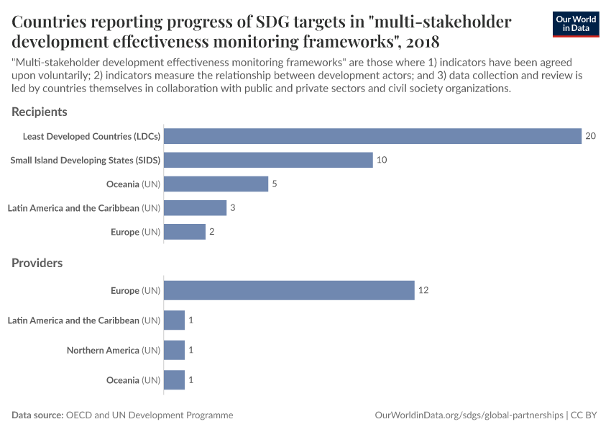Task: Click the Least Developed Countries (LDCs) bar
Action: tap(372, 136)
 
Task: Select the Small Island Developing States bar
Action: tap(268, 160)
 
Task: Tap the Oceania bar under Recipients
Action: tap(216, 184)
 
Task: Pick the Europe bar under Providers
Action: tap(289, 290)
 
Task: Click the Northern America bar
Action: tap(174, 350)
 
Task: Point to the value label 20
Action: tap(591, 136)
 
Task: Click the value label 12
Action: tap(424, 290)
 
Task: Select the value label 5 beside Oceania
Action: tap(275, 184)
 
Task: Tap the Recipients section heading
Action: tap(40, 112)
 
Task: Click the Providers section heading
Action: tap(37, 263)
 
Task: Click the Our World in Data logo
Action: tap(576, 24)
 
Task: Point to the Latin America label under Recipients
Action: tap(83, 208)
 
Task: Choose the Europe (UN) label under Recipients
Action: tap(135, 232)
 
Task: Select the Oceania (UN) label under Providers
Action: tap(133, 379)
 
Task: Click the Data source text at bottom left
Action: tap(122, 415)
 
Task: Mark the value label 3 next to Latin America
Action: tap(233, 208)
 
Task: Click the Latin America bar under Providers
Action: tap(174, 320)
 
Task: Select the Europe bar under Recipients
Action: tap(185, 232)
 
